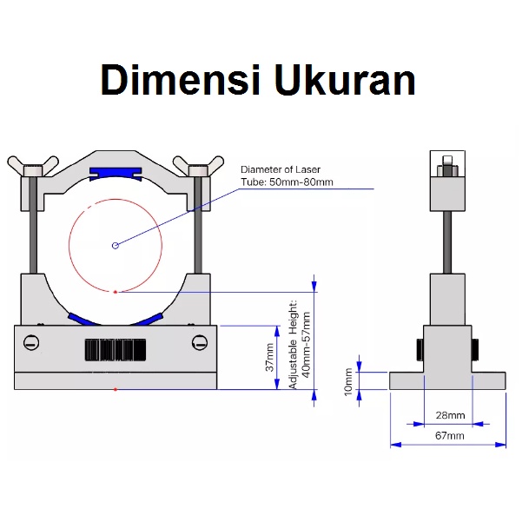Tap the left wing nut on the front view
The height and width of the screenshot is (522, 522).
(x=32, y=163)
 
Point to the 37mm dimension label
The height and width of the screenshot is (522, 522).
(x=269, y=357)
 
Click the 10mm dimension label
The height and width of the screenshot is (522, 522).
(x=349, y=380)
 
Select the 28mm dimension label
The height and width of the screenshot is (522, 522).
(x=448, y=415)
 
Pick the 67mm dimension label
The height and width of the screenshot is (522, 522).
(x=448, y=436)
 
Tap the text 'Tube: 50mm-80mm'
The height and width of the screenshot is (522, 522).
(x=287, y=182)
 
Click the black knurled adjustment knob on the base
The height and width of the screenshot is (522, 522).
(x=115, y=349)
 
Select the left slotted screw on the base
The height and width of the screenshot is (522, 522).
(x=32, y=343)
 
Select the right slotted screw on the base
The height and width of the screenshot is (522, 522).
(x=199, y=343)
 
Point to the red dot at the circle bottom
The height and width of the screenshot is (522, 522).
(x=116, y=293)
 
